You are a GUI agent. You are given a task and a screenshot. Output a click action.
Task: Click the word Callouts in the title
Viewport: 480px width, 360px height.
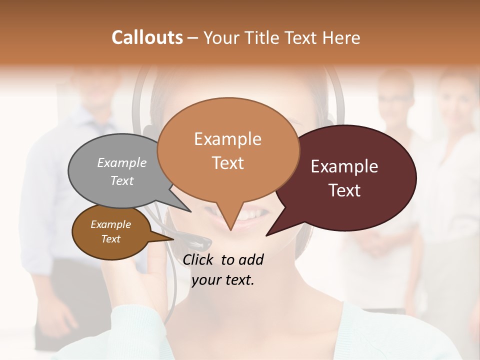click(x=147, y=37)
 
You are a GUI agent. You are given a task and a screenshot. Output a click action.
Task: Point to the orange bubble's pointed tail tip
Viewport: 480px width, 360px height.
click(x=230, y=230)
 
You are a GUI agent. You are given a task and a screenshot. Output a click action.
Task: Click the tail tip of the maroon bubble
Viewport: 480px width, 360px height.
click(x=266, y=235)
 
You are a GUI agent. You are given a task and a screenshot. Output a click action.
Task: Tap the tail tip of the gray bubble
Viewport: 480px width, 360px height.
click(x=190, y=211)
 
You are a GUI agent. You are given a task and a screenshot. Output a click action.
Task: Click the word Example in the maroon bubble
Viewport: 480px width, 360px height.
click(x=344, y=166)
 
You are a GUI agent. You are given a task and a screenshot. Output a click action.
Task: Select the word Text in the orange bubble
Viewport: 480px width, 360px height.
click(x=228, y=163)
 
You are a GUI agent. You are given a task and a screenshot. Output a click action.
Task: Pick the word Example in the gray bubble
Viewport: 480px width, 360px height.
click(x=122, y=163)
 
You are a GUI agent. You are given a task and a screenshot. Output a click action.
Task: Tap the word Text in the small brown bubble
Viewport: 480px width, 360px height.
click(x=111, y=239)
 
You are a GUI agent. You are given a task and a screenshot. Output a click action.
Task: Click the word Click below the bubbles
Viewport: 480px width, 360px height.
click(x=199, y=259)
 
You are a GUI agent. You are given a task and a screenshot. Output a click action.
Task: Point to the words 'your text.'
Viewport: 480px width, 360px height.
click(x=223, y=280)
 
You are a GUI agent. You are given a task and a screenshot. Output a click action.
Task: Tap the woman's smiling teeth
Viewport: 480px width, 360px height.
click(x=252, y=215)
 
